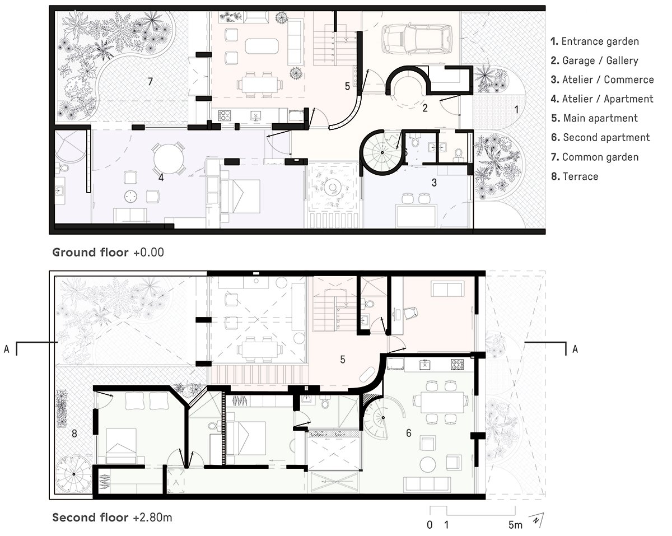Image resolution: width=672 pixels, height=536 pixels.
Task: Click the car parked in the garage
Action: coord(417,39)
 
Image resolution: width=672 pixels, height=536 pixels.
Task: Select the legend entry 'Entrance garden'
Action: coord(595,41)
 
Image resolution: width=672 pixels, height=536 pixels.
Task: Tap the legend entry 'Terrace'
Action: coord(575,176)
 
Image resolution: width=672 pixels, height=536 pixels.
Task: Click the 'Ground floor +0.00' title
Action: coord(108,252)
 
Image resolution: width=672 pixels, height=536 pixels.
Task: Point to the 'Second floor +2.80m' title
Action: coord(112,518)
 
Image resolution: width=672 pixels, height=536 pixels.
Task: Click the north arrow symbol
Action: coord(536,520)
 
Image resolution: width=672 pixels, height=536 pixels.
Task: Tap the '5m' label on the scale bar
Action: coord(515,525)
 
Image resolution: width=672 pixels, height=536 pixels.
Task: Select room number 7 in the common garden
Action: coord(150,82)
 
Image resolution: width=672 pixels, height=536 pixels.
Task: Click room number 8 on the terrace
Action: coord(74,434)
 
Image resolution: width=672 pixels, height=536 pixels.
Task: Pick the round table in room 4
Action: coord(168,159)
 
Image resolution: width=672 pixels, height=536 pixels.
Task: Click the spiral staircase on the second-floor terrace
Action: coord(74,474)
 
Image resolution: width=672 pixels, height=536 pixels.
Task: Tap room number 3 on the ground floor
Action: coord(434,183)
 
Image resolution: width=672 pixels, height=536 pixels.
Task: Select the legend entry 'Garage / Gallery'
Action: coord(595,60)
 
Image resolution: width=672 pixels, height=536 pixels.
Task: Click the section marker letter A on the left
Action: coord(7,349)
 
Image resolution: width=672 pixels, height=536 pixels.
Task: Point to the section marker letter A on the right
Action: coord(575,349)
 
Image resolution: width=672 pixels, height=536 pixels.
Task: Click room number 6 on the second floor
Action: coord(408,432)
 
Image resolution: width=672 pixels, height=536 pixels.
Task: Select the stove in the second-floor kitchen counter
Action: coord(457,365)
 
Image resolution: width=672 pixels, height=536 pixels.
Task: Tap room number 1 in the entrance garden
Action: coord(516,109)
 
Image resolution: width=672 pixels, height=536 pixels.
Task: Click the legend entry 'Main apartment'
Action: coord(595,118)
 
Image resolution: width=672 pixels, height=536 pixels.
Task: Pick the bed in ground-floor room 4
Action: coord(240,197)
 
